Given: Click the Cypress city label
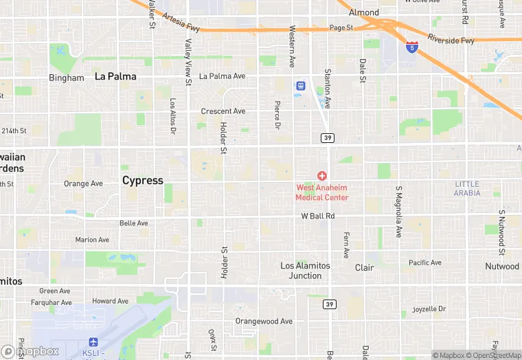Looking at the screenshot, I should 143,181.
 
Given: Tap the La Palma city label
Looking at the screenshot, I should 115,76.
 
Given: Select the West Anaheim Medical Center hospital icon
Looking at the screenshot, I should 322,177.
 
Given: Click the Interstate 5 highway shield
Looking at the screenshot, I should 411,47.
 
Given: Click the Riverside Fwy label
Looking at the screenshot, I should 451,40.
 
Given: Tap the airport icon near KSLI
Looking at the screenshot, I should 94,342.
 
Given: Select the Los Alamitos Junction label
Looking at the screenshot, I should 306,271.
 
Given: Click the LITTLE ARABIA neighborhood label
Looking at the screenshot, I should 467,188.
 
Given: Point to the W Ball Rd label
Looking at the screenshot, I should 318,216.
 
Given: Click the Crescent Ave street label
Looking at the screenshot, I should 223,111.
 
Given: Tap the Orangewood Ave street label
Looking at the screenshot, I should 264,321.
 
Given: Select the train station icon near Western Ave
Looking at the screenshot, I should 300,86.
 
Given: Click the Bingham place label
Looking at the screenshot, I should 66,78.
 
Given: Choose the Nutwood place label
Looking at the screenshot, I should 502,266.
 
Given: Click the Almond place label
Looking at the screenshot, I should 363,12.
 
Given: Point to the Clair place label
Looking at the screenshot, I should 364,267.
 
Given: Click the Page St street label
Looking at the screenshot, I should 340,28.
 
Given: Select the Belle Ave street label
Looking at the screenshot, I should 133,223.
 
